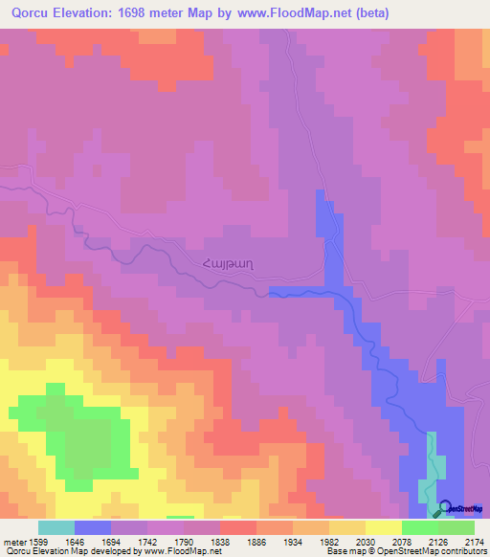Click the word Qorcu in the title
(31, 13)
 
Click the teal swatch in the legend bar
(56, 527)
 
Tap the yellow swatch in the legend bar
(383, 527)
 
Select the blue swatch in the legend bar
(93, 527)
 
